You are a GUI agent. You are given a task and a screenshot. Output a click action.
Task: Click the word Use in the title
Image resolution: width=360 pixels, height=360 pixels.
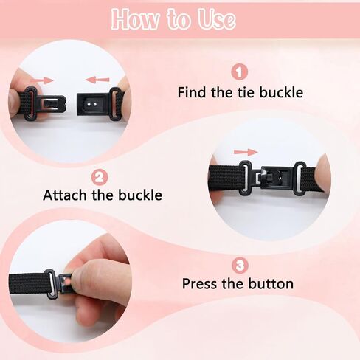217,19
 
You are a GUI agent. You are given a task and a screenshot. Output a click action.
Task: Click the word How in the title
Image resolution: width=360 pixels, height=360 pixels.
135,19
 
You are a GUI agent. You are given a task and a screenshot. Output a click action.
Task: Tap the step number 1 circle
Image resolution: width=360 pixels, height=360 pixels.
240,72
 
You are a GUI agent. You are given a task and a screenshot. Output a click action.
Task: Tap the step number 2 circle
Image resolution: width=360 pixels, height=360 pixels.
100,178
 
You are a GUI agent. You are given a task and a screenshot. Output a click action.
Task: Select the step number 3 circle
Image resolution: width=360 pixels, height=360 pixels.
240,266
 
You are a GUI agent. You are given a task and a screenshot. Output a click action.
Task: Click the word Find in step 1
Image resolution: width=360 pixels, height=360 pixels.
192,92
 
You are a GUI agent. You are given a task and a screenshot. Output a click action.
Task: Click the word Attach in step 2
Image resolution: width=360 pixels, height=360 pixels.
65,195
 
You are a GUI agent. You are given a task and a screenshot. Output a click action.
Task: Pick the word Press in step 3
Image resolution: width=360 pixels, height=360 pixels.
200,283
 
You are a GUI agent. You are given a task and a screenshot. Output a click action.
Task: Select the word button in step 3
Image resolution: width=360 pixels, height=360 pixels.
271,283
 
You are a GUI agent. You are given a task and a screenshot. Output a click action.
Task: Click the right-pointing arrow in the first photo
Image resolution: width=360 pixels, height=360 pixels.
41,80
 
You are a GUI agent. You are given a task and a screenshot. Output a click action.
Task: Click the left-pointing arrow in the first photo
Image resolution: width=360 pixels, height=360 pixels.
97,80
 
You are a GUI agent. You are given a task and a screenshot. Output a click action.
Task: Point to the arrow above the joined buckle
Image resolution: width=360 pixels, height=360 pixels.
246,152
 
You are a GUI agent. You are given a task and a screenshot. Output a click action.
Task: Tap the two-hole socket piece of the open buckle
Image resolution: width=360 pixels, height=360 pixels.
91,104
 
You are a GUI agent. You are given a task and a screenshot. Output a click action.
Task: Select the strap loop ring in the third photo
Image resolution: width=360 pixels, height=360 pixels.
51,284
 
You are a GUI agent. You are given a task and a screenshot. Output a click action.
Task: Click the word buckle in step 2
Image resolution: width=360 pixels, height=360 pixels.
140,195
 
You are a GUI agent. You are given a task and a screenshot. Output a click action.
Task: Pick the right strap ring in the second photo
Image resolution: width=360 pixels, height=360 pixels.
300,178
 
